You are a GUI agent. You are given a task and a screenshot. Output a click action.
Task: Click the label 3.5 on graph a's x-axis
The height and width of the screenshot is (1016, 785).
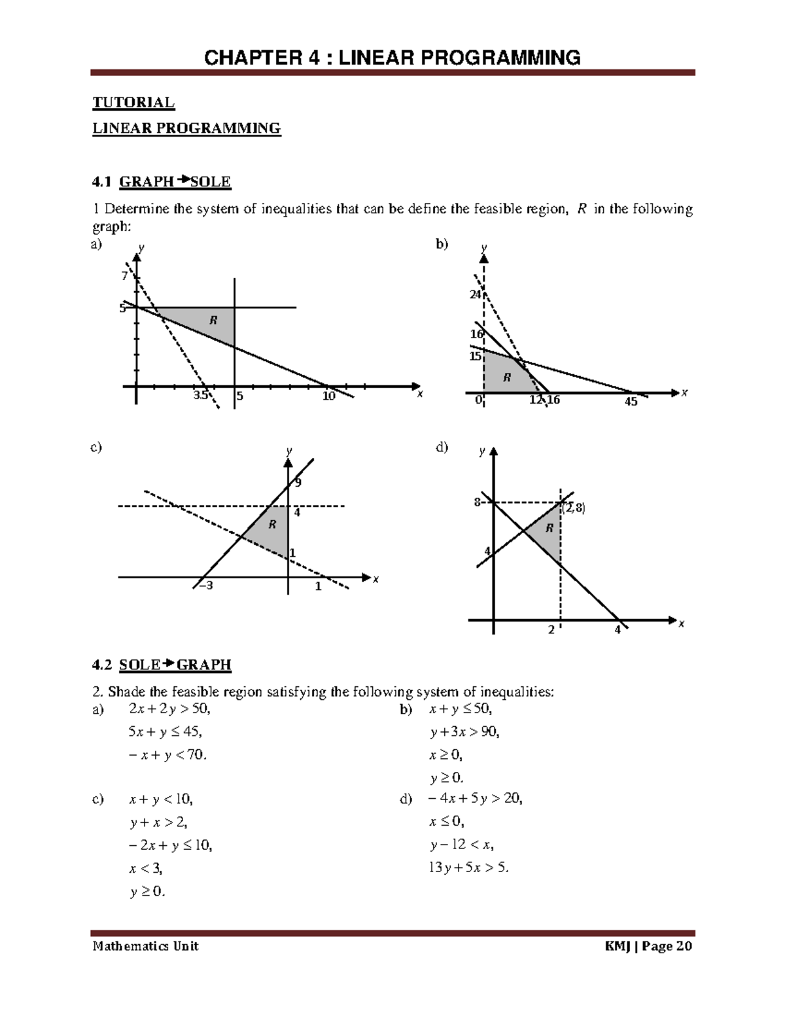pyautogui.click(x=200, y=396)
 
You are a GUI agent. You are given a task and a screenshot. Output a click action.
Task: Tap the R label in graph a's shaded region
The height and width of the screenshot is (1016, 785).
pyautogui.click(x=213, y=320)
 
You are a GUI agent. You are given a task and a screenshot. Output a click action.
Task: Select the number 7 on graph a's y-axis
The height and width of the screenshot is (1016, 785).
pyautogui.click(x=124, y=276)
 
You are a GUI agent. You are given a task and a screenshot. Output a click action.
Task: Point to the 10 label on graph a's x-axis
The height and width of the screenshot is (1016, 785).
pyautogui.click(x=328, y=396)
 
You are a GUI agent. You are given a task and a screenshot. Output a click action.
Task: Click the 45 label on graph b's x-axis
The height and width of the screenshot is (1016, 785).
pyautogui.click(x=631, y=402)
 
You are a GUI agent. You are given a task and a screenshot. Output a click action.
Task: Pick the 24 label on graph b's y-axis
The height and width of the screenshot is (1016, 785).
pyautogui.click(x=475, y=294)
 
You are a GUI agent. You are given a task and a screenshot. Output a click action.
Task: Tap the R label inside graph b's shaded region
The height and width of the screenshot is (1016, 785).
pyautogui.click(x=506, y=377)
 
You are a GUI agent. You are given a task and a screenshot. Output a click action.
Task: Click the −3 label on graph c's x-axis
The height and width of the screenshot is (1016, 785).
pyautogui.click(x=205, y=586)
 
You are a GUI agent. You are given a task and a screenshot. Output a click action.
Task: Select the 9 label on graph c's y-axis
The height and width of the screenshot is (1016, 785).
pyautogui.click(x=298, y=483)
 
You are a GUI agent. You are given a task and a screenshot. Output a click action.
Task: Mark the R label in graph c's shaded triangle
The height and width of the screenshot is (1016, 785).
pyautogui.click(x=272, y=525)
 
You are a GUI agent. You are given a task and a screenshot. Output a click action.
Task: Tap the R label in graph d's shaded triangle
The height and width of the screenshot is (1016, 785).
pyautogui.click(x=549, y=528)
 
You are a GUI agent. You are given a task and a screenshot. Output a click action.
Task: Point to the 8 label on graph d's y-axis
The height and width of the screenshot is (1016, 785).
pyautogui.click(x=478, y=502)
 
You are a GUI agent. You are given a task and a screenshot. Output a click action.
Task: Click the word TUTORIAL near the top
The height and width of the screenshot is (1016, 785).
pyautogui.click(x=133, y=103)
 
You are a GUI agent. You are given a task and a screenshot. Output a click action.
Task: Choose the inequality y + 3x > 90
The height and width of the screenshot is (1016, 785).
pyautogui.click(x=464, y=731)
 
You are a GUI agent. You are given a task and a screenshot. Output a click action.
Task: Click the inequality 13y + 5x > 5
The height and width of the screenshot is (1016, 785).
pyautogui.click(x=468, y=868)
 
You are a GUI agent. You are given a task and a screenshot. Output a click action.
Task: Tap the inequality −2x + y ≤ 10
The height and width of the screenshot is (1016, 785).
pyautogui.click(x=171, y=845)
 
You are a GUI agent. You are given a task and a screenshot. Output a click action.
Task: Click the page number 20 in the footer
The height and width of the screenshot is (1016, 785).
pyautogui.click(x=683, y=946)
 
